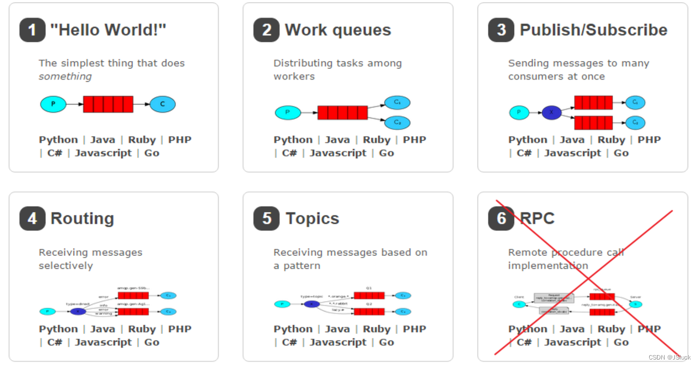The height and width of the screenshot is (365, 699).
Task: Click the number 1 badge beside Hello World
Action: [x=32, y=30]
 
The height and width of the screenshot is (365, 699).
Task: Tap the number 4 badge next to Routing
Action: [x=32, y=219]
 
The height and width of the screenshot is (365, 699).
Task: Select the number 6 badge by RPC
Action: [x=501, y=219]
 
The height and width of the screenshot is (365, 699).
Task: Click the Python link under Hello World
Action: [x=58, y=140]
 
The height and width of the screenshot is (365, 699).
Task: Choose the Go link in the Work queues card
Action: [x=386, y=153]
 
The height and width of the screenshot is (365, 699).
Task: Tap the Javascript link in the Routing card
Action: [x=103, y=343]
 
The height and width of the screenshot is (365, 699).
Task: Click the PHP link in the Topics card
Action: [x=414, y=329]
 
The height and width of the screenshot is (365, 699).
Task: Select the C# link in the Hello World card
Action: [x=55, y=153]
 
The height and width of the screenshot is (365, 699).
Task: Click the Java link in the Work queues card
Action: [x=337, y=140]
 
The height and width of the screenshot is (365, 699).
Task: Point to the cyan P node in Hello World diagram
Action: [x=53, y=104]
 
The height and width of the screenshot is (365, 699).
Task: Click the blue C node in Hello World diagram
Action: [x=162, y=104]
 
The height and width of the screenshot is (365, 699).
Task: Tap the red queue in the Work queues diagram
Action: [x=342, y=113]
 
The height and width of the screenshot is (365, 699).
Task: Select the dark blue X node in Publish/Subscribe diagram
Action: [x=552, y=113]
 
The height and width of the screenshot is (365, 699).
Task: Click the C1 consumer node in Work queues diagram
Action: [x=397, y=102]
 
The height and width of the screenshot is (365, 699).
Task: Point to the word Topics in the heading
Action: [x=312, y=219]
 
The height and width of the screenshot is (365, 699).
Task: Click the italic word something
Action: [x=65, y=77]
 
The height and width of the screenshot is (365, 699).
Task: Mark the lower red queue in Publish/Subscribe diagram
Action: [x=593, y=123]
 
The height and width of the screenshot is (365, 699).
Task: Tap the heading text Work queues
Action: [x=338, y=30]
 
